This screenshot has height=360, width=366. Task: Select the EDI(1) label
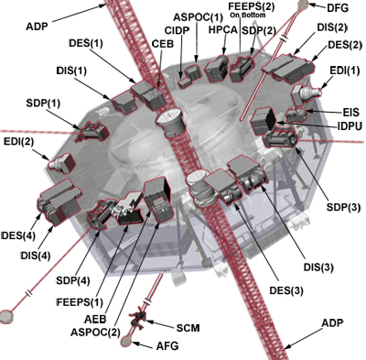[346, 70]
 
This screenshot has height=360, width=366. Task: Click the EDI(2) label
[19, 142]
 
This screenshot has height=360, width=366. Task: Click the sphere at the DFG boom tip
[303, 6]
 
